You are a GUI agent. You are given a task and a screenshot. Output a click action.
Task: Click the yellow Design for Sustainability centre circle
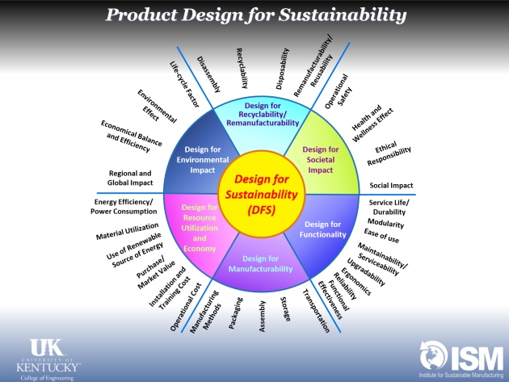click(262, 194)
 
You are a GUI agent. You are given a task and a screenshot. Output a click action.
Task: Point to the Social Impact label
click(391, 185)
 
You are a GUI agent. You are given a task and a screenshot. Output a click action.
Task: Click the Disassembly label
click(208, 74)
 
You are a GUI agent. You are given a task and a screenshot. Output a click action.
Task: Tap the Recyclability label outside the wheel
click(242, 68)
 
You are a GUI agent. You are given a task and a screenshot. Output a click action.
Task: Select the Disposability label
click(282, 69)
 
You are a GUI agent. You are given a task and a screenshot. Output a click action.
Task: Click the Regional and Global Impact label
click(130, 178)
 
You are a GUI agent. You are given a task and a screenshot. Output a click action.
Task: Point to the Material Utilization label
click(128, 231)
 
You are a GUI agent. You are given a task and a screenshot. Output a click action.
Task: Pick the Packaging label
click(235, 313)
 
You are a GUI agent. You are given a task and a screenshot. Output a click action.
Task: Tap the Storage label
click(285, 309)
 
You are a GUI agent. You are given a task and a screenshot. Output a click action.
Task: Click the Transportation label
click(316, 311)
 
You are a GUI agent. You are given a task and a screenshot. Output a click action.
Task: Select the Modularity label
click(385, 223)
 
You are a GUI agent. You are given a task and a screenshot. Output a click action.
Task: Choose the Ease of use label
click(381, 236)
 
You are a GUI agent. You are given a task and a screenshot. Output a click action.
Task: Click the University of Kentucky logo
click(48, 359)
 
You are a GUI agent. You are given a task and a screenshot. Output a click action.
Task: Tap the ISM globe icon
click(433, 355)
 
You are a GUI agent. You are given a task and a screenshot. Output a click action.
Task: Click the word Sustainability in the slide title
click(343, 15)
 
